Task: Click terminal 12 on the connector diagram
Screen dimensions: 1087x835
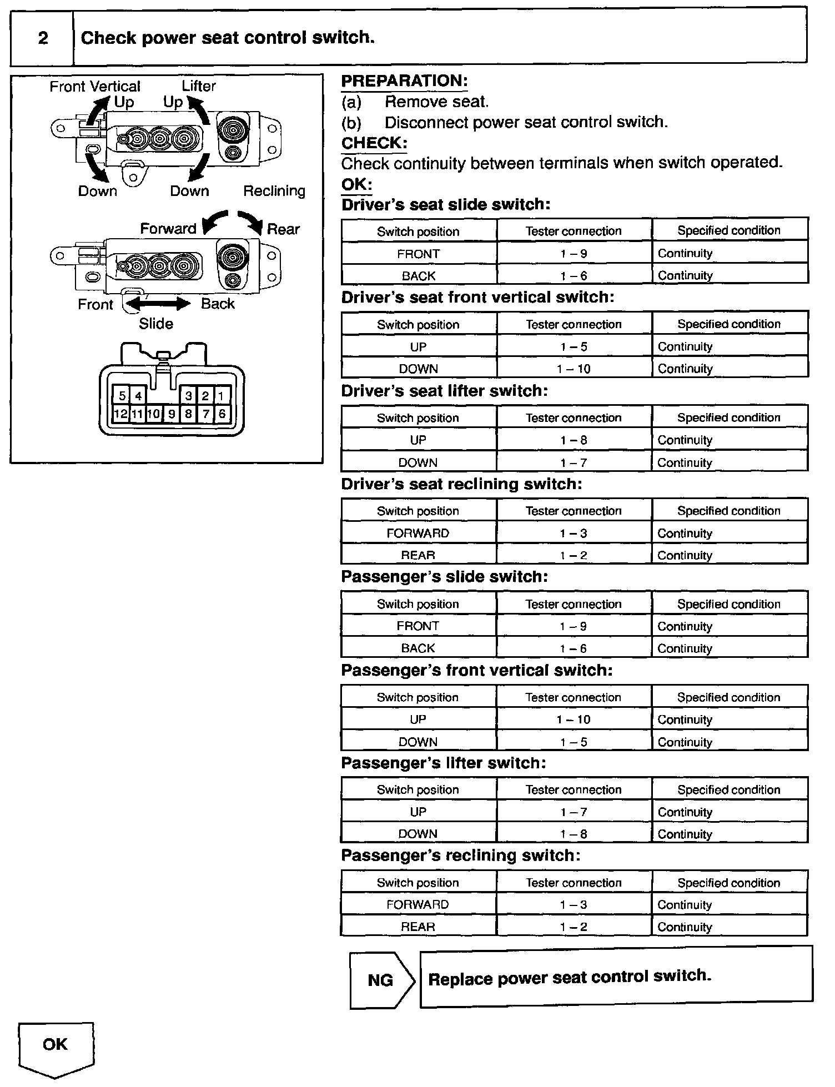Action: (x=120, y=414)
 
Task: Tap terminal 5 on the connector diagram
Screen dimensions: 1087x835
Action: (x=122, y=396)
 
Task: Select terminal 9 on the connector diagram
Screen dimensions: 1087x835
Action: (x=172, y=414)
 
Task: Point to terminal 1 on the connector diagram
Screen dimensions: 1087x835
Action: (x=222, y=396)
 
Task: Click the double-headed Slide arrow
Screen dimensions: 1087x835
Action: (x=159, y=304)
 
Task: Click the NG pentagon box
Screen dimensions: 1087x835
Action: (x=381, y=980)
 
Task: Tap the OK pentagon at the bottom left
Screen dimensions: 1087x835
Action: (x=56, y=1045)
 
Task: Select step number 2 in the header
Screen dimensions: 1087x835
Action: (x=43, y=38)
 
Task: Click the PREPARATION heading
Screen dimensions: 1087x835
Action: (x=404, y=81)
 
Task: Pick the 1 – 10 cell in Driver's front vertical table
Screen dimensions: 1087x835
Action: (x=574, y=369)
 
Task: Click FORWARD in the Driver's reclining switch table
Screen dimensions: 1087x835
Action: (x=418, y=533)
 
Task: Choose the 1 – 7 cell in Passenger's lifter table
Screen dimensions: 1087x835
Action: (x=574, y=812)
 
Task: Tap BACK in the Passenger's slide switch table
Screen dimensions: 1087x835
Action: (x=418, y=648)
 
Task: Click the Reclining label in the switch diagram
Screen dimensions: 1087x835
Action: (x=274, y=191)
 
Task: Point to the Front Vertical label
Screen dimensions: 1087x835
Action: (x=95, y=87)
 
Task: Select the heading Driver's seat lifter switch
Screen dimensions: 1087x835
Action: (x=444, y=391)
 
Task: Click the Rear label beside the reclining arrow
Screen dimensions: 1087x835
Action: (x=283, y=229)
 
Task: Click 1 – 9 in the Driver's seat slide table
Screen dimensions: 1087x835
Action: (x=574, y=254)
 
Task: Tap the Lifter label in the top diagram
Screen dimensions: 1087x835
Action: (x=199, y=86)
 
